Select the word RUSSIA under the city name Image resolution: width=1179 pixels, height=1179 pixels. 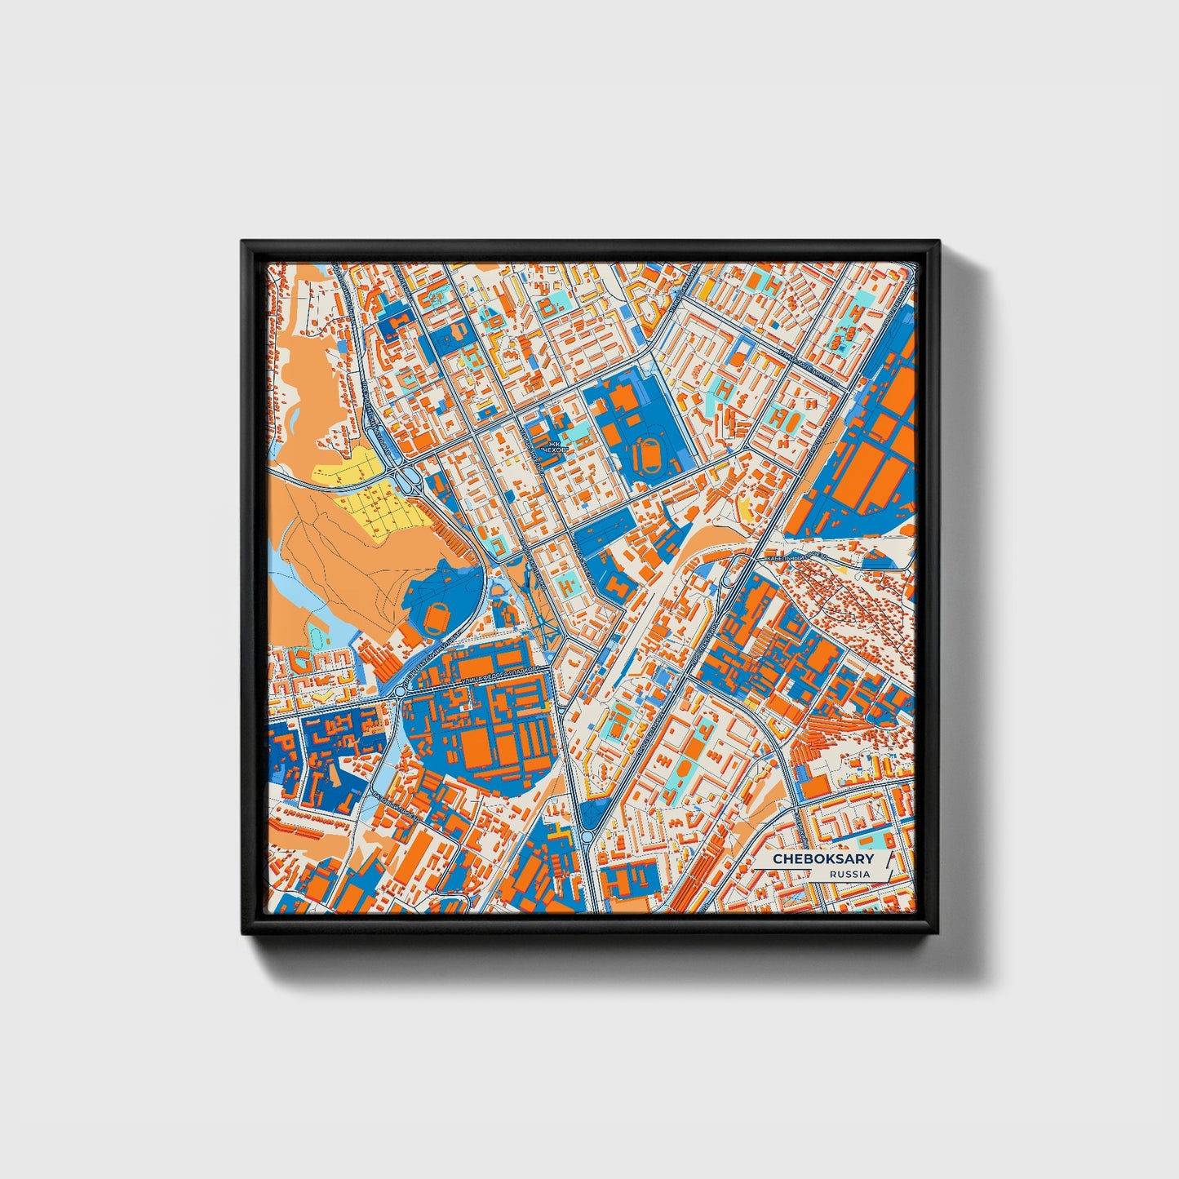coord(849,874)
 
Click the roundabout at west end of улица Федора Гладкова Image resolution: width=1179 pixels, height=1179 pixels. coord(400,692)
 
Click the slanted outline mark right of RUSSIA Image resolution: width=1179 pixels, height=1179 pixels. coord(884,867)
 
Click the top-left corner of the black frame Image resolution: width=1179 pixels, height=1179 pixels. coord(243,242)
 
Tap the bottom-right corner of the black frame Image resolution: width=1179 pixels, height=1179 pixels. coord(938,933)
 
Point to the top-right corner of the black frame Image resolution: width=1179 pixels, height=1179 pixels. coord(938,242)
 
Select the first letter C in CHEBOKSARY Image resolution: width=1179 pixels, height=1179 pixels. coord(778,859)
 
